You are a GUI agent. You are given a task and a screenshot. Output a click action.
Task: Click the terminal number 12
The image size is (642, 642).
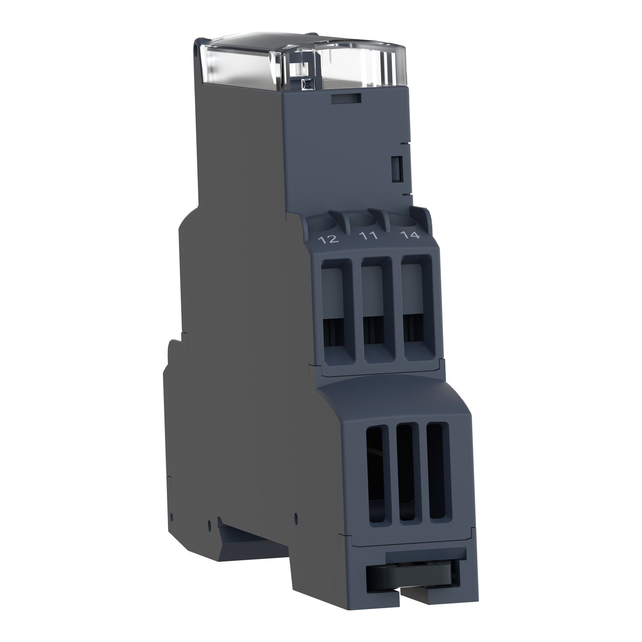tap(330, 239)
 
